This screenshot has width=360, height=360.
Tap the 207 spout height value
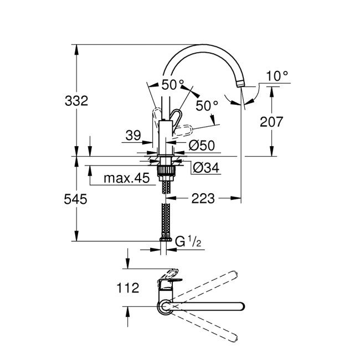[x=272, y=122]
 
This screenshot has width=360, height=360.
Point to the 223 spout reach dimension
[x=203, y=198]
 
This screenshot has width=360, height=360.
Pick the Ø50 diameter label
[x=201, y=146]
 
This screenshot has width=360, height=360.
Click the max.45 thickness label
[x=120, y=179]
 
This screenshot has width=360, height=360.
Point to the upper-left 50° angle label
[x=172, y=85]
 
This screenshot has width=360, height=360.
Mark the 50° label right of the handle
[x=207, y=105]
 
